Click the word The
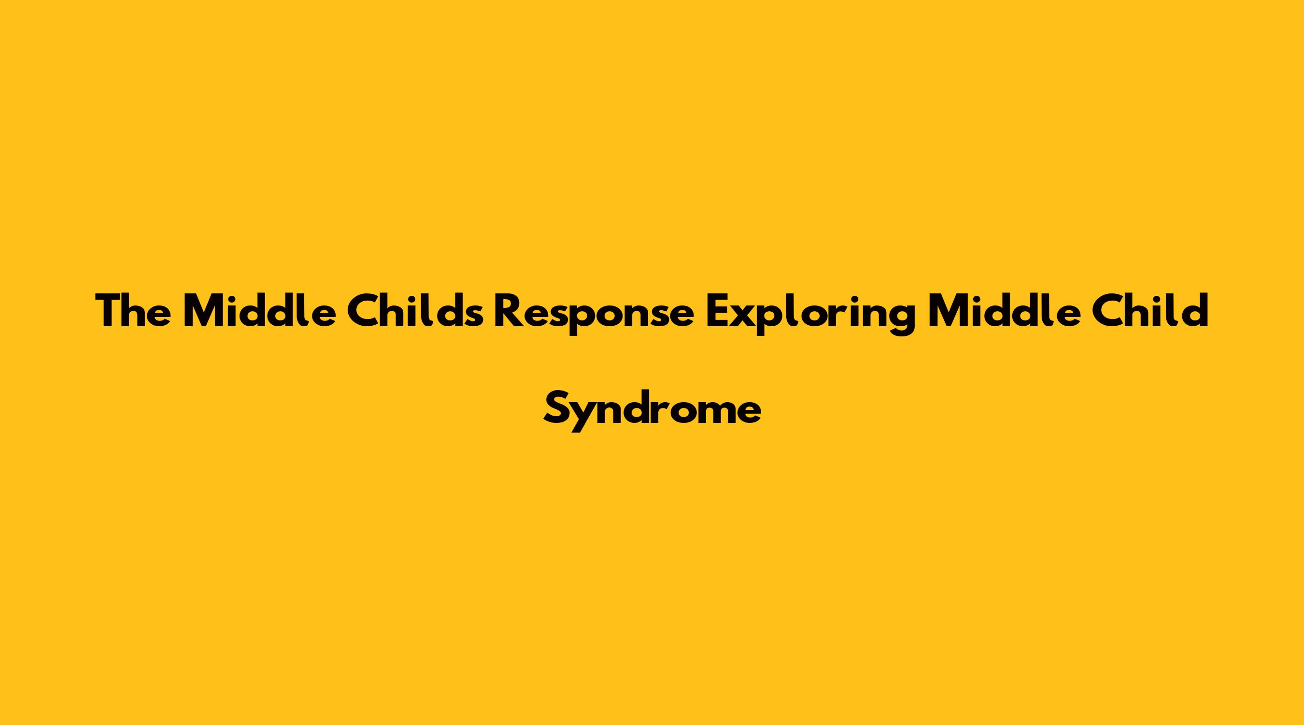pos(133,311)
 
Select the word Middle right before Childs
pos(260,311)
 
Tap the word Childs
pos(415,311)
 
